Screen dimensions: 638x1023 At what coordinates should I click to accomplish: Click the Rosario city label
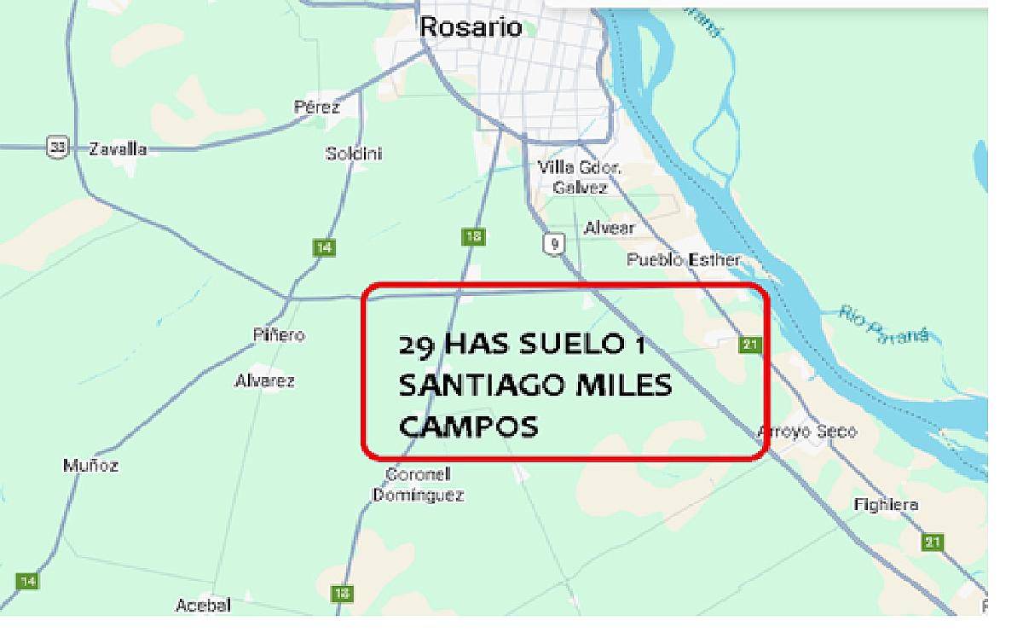(x=471, y=26)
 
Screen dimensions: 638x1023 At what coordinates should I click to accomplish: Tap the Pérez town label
(x=316, y=107)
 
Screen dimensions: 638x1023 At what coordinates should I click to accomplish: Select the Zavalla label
(x=118, y=149)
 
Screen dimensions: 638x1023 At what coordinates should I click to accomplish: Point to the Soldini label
(x=354, y=154)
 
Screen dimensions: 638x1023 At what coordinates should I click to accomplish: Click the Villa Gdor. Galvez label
(x=580, y=177)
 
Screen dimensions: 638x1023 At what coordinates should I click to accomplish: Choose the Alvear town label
(x=609, y=229)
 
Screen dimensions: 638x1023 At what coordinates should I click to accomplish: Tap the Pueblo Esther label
(x=683, y=259)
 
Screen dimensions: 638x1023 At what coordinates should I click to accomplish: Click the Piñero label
(x=279, y=335)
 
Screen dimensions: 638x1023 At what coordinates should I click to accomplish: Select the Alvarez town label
(x=264, y=380)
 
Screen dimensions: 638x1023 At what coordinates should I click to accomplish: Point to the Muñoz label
(x=91, y=466)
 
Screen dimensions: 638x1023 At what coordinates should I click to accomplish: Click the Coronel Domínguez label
(x=419, y=484)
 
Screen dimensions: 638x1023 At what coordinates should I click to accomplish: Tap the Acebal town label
(x=203, y=605)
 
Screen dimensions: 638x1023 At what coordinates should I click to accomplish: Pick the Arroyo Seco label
(x=807, y=432)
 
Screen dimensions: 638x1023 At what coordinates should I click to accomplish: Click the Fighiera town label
(x=887, y=505)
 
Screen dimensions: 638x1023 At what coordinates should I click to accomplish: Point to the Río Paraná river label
(x=882, y=325)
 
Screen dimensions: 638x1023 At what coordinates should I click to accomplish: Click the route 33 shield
(x=57, y=148)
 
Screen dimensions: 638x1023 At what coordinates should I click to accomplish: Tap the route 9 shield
(x=554, y=245)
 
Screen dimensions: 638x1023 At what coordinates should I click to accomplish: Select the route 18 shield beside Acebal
(x=343, y=594)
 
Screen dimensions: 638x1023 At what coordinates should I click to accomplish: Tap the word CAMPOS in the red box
(x=468, y=426)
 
